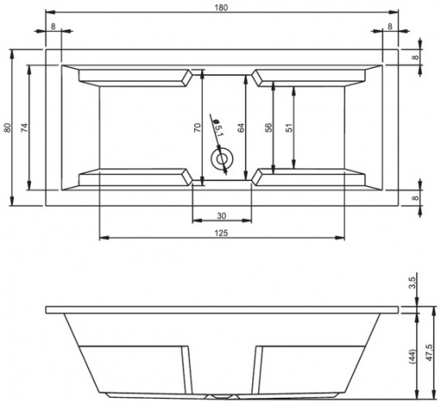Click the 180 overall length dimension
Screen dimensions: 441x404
click(221, 8)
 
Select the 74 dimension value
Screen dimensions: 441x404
click(25, 127)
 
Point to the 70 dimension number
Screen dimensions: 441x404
click(198, 127)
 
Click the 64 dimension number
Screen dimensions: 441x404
click(241, 127)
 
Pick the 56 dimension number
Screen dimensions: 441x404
click(268, 127)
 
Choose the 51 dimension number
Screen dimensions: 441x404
click(290, 127)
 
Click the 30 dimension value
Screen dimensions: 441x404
click(221, 215)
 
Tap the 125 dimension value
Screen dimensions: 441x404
click(221, 233)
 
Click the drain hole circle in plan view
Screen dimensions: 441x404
click(221, 159)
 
